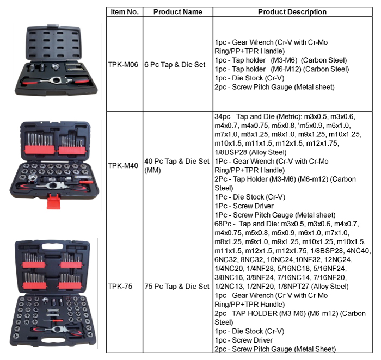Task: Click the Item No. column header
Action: point(125,11)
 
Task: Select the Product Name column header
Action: point(178,11)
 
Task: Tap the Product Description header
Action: point(292,11)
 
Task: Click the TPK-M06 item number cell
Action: point(123,65)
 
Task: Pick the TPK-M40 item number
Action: point(123,165)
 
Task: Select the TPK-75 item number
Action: point(120,287)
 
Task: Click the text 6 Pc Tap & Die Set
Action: point(175,65)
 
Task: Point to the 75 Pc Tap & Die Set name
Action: point(177,287)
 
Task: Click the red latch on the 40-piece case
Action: point(53,201)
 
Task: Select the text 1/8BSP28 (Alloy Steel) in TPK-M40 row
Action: point(250,152)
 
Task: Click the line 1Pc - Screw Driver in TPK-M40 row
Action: point(244,206)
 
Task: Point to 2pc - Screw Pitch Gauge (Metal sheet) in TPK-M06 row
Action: point(274,87)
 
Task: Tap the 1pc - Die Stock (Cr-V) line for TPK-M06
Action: point(249,78)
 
